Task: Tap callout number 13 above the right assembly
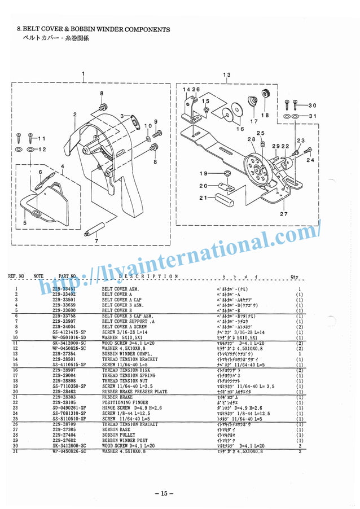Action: coord(227,74)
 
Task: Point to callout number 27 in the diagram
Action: coord(283,214)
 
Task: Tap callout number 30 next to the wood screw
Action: coord(312,105)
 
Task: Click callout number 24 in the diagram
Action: coord(310,160)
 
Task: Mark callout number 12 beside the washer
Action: coord(41,150)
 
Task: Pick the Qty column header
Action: coord(294,277)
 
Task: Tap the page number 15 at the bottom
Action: coord(164,494)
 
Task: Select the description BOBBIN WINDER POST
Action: coord(124,441)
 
